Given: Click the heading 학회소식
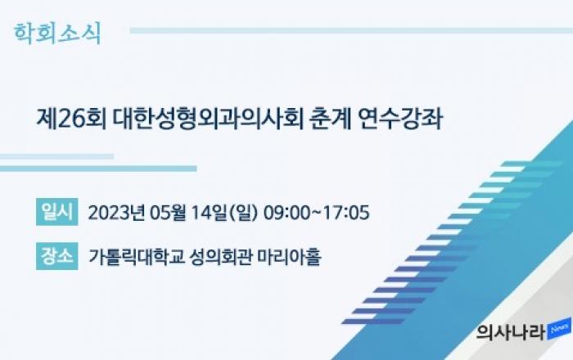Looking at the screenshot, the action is (57, 34).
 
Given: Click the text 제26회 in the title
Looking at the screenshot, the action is (71, 119).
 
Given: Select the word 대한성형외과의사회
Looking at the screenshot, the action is (208, 119).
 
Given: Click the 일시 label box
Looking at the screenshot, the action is (57, 212).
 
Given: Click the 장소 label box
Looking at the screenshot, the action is (57, 256).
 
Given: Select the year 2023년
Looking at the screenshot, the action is (116, 212).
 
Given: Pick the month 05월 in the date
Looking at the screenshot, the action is (169, 212).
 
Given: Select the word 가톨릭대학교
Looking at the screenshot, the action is (136, 256).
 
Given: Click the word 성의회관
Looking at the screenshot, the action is (220, 256).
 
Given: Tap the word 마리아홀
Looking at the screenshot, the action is (289, 256).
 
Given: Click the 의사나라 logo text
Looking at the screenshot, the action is (512, 333).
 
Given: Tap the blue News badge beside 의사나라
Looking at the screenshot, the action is (559, 329).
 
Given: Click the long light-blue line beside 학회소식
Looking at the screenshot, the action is (351, 30).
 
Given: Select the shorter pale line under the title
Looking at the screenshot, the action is (56, 156).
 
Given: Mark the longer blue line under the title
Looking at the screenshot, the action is (98, 169).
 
